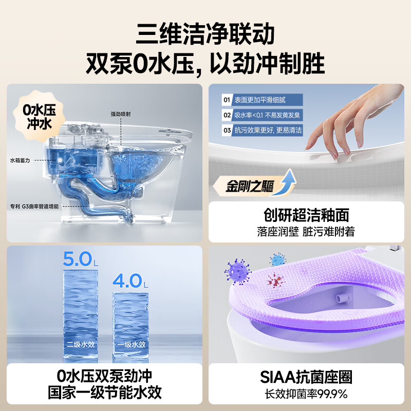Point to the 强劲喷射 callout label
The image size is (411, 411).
(121, 114)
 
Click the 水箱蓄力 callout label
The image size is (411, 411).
(21, 161)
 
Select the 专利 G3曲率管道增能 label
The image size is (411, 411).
(35, 206)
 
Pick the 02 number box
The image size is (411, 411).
(226, 115)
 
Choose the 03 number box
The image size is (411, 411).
(226, 130)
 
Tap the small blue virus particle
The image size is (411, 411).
(277, 259)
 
